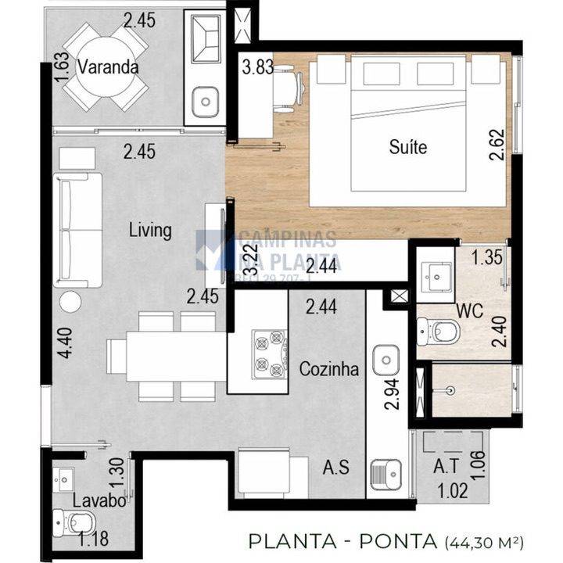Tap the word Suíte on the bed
pos(408,145)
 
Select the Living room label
pos(150,230)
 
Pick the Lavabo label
pos(99,500)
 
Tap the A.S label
pos(336,469)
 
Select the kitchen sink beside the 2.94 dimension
pos(386,362)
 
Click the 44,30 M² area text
pos(486,541)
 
